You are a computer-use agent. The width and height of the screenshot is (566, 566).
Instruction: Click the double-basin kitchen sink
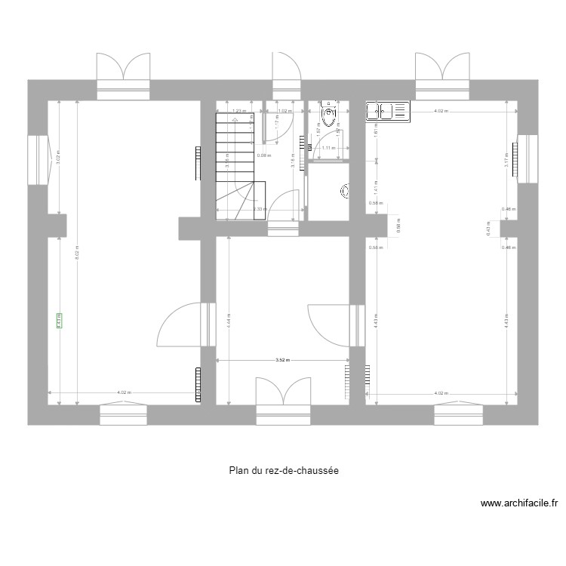(x=387, y=112)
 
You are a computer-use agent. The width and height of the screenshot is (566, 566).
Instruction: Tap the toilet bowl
(x=329, y=115)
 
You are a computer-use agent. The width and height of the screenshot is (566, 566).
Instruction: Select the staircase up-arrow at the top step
(x=235, y=118)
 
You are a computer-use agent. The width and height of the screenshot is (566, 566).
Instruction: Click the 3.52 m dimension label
(x=282, y=361)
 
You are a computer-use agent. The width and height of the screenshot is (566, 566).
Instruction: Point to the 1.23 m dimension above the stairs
(x=239, y=111)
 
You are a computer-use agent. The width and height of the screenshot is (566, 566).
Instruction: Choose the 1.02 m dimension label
(x=285, y=111)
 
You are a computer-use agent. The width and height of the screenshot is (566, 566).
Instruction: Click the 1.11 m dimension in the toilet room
(x=328, y=148)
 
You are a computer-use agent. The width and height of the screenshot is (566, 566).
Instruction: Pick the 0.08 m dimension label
(x=263, y=156)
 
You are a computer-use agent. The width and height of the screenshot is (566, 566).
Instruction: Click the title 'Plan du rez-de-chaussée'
(x=284, y=470)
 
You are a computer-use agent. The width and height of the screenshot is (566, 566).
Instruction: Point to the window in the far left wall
(x=36, y=159)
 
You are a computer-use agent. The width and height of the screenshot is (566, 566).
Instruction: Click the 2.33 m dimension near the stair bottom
(x=258, y=210)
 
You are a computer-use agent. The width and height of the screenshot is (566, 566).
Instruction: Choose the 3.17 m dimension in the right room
(x=506, y=160)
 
